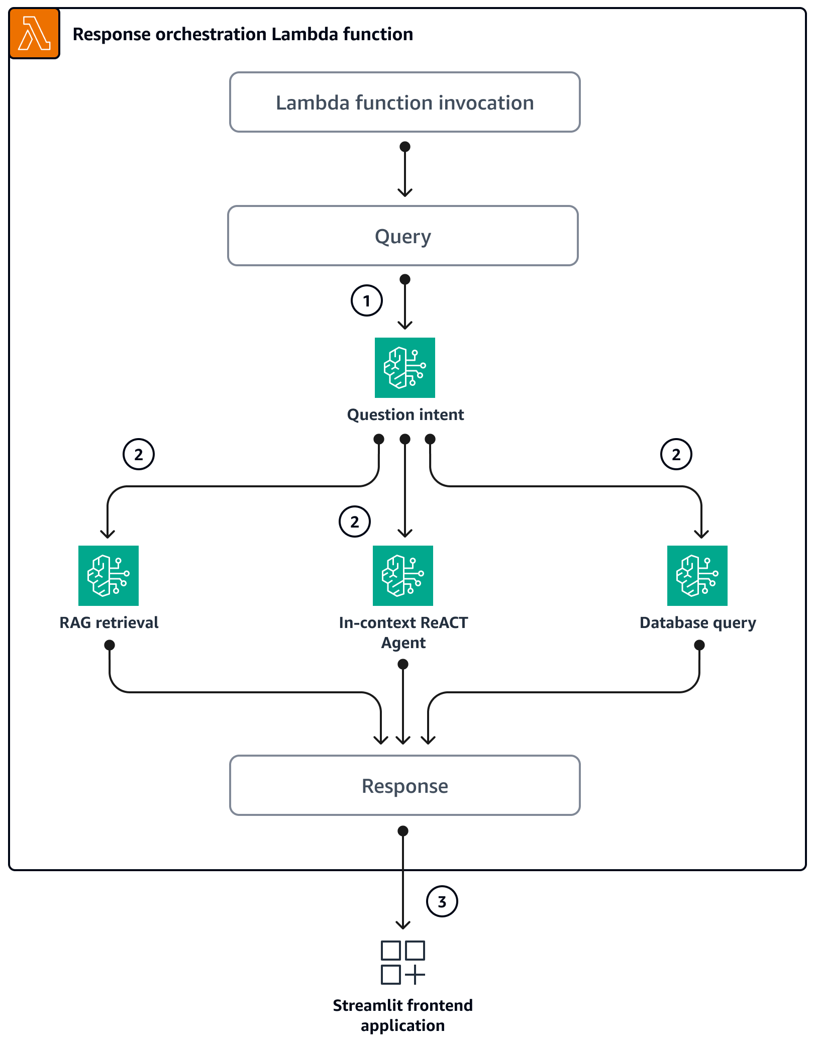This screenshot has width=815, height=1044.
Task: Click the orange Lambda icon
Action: click(x=34, y=34)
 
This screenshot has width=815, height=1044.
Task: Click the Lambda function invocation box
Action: click(x=404, y=102)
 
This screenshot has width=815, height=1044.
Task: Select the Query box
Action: click(x=402, y=236)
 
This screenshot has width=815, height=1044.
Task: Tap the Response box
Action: click(x=404, y=785)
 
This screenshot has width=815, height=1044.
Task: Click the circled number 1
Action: click(x=366, y=300)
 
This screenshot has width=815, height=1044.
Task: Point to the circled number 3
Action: click(x=442, y=901)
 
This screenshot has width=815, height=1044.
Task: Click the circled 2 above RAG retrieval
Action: click(x=139, y=454)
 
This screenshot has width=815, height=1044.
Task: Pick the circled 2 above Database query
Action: click(x=676, y=454)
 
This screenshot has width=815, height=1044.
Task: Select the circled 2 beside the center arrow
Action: click(x=355, y=521)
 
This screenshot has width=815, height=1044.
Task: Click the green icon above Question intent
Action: click(x=404, y=368)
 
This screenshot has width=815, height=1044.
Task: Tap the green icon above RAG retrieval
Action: click(x=109, y=576)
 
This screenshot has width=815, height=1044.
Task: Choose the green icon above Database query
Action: click(x=697, y=576)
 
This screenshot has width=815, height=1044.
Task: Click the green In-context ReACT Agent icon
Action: click(x=402, y=576)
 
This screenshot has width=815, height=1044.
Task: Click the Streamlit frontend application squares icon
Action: click(x=402, y=962)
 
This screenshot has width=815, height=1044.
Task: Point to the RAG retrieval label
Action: click(x=109, y=622)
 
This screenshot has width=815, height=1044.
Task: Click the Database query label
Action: click(x=697, y=622)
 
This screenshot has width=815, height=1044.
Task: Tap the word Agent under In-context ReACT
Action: click(x=403, y=643)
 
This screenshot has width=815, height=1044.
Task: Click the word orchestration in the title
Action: click(x=211, y=34)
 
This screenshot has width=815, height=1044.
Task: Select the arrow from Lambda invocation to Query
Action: click(x=404, y=171)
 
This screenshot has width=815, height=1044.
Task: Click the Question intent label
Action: click(x=405, y=414)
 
